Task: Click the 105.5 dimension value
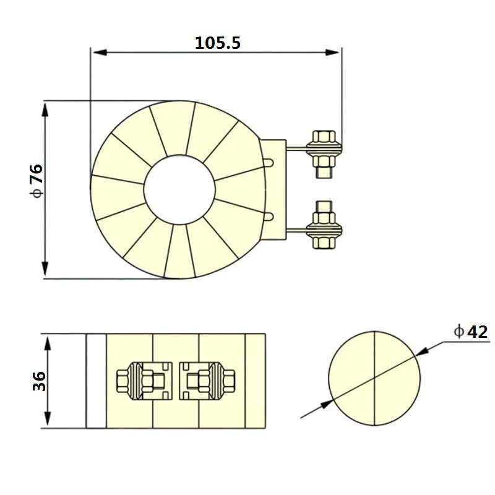tap(217, 43)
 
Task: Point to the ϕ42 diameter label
tap(470, 332)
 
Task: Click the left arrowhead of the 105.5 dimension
tap(97, 51)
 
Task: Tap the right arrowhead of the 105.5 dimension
tap(335, 51)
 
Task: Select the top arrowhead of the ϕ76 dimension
tap(45, 108)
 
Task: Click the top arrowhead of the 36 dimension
tap(45, 341)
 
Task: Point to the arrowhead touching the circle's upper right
tap(423, 351)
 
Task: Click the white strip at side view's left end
tap(96, 381)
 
